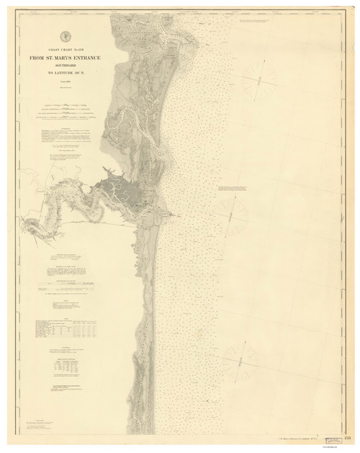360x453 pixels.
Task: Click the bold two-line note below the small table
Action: [x=70, y=387]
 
